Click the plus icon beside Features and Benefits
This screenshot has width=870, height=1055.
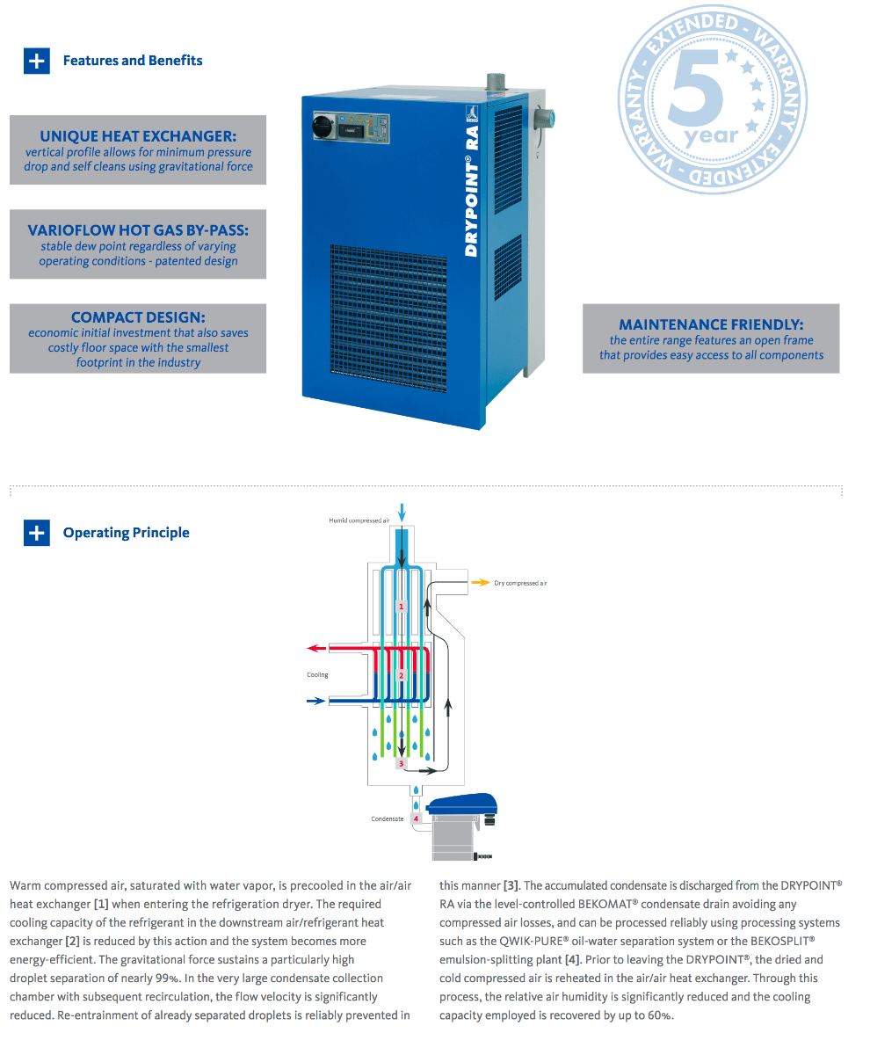[36, 61]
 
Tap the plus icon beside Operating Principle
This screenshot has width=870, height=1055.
[36, 533]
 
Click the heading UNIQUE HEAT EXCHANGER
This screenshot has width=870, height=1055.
[138, 136]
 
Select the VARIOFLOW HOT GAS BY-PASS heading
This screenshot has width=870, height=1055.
[138, 230]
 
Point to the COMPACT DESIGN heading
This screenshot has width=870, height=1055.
[138, 317]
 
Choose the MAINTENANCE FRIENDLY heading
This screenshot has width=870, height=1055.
[711, 324]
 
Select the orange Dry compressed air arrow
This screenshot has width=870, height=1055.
[481, 582]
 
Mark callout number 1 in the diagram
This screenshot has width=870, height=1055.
[402, 607]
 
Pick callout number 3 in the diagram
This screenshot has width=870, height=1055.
[401, 764]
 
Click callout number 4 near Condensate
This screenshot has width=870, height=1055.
[416, 819]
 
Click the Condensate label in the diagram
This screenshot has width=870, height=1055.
[387, 819]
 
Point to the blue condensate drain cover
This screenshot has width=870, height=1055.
[463, 803]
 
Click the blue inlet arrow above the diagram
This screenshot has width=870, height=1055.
[402, 511]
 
